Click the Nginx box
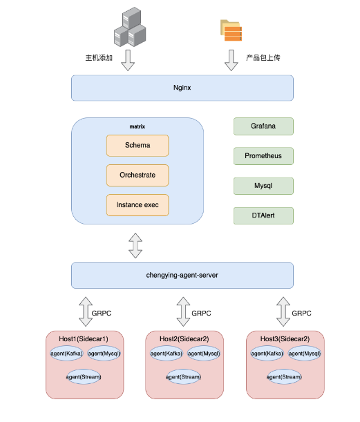[x=182, y=88]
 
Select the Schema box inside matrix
[x=138, y=146]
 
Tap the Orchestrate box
[x=138, y=175]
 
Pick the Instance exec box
[x=138, y=205]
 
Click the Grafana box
[x=263, y=126]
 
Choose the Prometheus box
[x=263, y=156]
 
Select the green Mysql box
[x=263, y=186]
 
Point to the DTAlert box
[x=263, y=215]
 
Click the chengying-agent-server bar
[x=182, y=276]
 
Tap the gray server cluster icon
[x=130, y=27]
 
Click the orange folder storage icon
[x=231, y=30]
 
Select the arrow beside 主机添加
[x=128, y=60]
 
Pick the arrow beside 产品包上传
[x=231, y=60]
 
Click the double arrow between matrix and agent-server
[x=135, y=246]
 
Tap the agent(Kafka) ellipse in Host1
[x=66, y=354]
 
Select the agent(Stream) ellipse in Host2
[x=183, y=377]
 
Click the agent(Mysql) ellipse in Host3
[x=304, y=354]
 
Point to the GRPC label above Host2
[x=201, y=314]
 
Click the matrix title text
[x=138, y=126]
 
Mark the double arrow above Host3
[x=283, y=311]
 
